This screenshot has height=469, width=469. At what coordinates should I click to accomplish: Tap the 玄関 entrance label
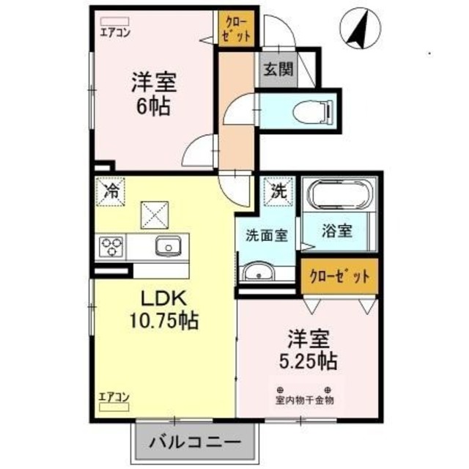click(x=279, y=70)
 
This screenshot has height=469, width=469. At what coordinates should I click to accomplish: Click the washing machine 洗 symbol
click(x=279, y=191)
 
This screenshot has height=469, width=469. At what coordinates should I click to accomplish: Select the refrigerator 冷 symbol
click(x=111, y=192)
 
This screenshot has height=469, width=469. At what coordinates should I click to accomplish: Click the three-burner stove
click(x=112, y=246)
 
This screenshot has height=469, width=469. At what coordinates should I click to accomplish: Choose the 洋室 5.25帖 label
click(x=308, y=350)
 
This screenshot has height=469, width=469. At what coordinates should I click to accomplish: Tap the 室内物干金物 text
click(x=304, y=400)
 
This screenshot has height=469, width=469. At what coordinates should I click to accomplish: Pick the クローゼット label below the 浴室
click(x=339, y=277)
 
